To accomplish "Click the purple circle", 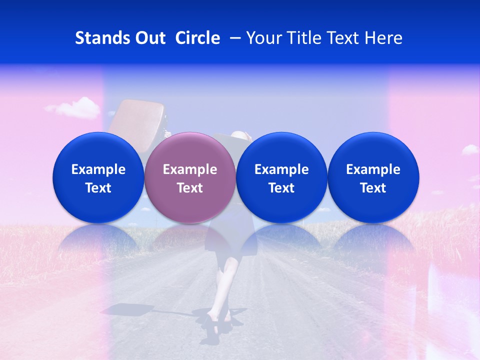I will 189,177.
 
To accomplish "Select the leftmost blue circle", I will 98,177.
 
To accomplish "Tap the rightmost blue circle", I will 373,177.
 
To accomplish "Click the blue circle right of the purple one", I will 281,177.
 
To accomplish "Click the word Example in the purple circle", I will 189,169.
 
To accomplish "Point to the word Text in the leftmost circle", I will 98,188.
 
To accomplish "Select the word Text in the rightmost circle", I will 373,188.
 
